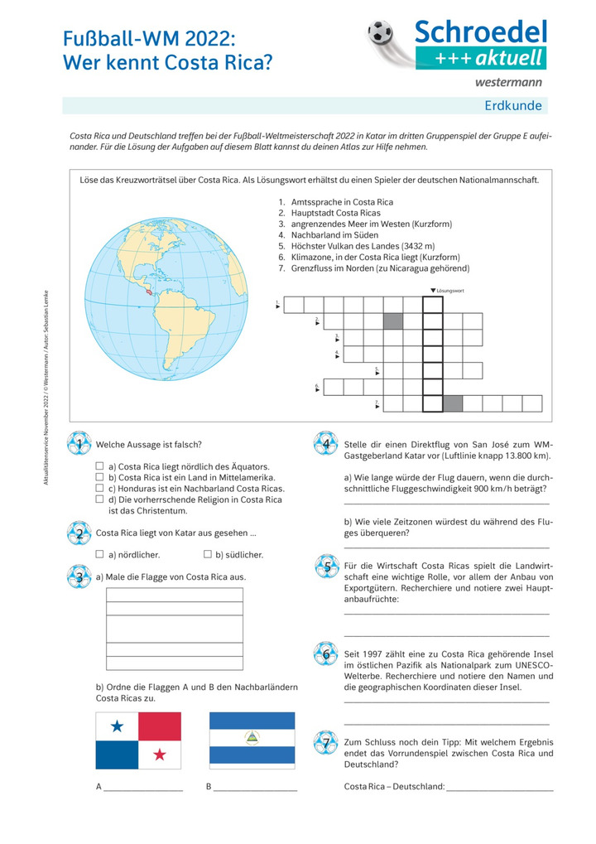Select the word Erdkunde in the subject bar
(x=513, y=105)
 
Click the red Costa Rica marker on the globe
(x=148, y=292)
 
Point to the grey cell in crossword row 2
(x=393, y=321)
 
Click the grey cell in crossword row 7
(x=453, y=403)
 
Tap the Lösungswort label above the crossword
(x=450, y=291)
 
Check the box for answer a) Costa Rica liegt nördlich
(x=99, y=466)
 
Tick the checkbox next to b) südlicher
(x=207, y=554)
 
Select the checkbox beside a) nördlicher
(x=99, y=554)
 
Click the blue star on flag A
(x=117, y=726)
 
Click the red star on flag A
(x=159, y=755)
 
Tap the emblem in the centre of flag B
(x=252, y=739)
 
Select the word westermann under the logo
(x=508, y=82)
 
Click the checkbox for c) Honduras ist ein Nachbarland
(x=99, y=489)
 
